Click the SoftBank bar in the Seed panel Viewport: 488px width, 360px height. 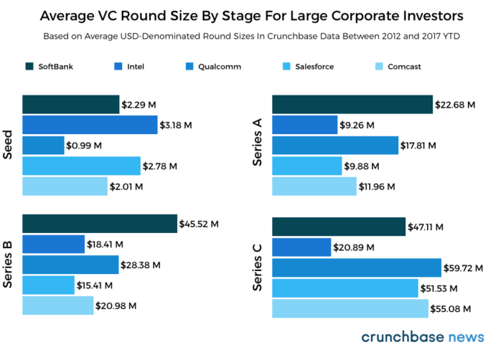pyautogui.click(x=70, y=105)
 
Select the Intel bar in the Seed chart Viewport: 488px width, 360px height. pyautogui.click(x=90, y=125)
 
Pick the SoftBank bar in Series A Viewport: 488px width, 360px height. pyautogui.click(x=352, y=105)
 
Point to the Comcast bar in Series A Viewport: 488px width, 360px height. pyautogui.click(x=314, y=186)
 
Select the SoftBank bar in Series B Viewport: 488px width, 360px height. pyautogui.click(x=100, y=224)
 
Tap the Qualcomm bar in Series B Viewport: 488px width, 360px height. pyautogui.click(x=70, y=265)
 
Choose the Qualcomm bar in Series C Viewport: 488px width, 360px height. pyautogui.click(x=357, y=267)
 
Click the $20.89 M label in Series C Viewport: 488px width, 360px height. pyautogui.click(x=352, y=247)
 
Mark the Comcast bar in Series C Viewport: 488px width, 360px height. pyautogui.click(x=350, y=308)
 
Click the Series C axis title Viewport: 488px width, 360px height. pyautogui.click(x=259, y=267)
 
